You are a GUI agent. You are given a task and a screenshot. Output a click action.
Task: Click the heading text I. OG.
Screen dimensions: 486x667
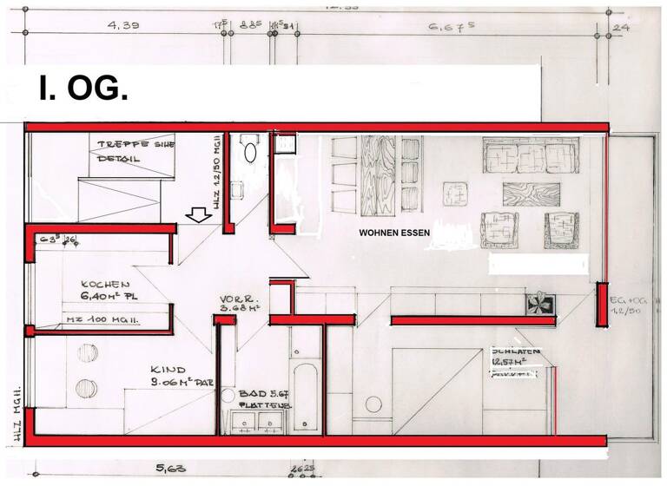coord(83,88)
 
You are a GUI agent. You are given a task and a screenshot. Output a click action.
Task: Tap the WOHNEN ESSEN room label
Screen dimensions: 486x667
coord(394,233)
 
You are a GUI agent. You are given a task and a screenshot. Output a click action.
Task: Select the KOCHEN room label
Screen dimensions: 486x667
coord(105,285)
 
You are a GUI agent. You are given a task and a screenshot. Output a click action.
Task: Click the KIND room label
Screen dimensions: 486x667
coord(168,368)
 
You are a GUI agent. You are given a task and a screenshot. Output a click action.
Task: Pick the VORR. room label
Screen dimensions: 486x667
coord(235,299)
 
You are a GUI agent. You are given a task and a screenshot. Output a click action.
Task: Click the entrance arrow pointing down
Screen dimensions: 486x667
coord(198,214)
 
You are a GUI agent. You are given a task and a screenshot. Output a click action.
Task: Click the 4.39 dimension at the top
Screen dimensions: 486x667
coord(124,27)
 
